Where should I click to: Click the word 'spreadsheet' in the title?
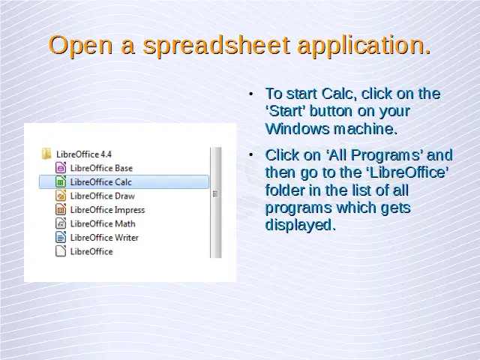[216, 46]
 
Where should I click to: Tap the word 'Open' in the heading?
[80, 46]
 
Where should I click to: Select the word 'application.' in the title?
[364, 46]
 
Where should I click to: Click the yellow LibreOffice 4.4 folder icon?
[46, 154]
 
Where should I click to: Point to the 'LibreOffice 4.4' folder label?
[84, 154]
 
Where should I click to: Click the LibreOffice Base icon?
[61, 168]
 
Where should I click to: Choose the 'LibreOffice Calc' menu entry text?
[101, 181]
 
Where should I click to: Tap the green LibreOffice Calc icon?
[61, 181]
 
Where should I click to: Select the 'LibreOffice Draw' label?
[103, 196]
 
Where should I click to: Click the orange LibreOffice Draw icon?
[61, 196]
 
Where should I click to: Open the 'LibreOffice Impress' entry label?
[107, 210]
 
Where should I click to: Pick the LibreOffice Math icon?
[61, 223]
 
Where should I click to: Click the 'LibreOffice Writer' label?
[104, 238]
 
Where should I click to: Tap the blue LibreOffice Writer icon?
[61, 237]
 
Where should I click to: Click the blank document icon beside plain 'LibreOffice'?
[61, 251]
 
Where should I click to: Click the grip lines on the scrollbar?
[215, 193]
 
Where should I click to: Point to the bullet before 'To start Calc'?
[251, 94]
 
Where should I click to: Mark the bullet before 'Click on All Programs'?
[251, 155]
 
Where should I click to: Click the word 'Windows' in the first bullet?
[297, 128]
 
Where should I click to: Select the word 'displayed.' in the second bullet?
[300, 225]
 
